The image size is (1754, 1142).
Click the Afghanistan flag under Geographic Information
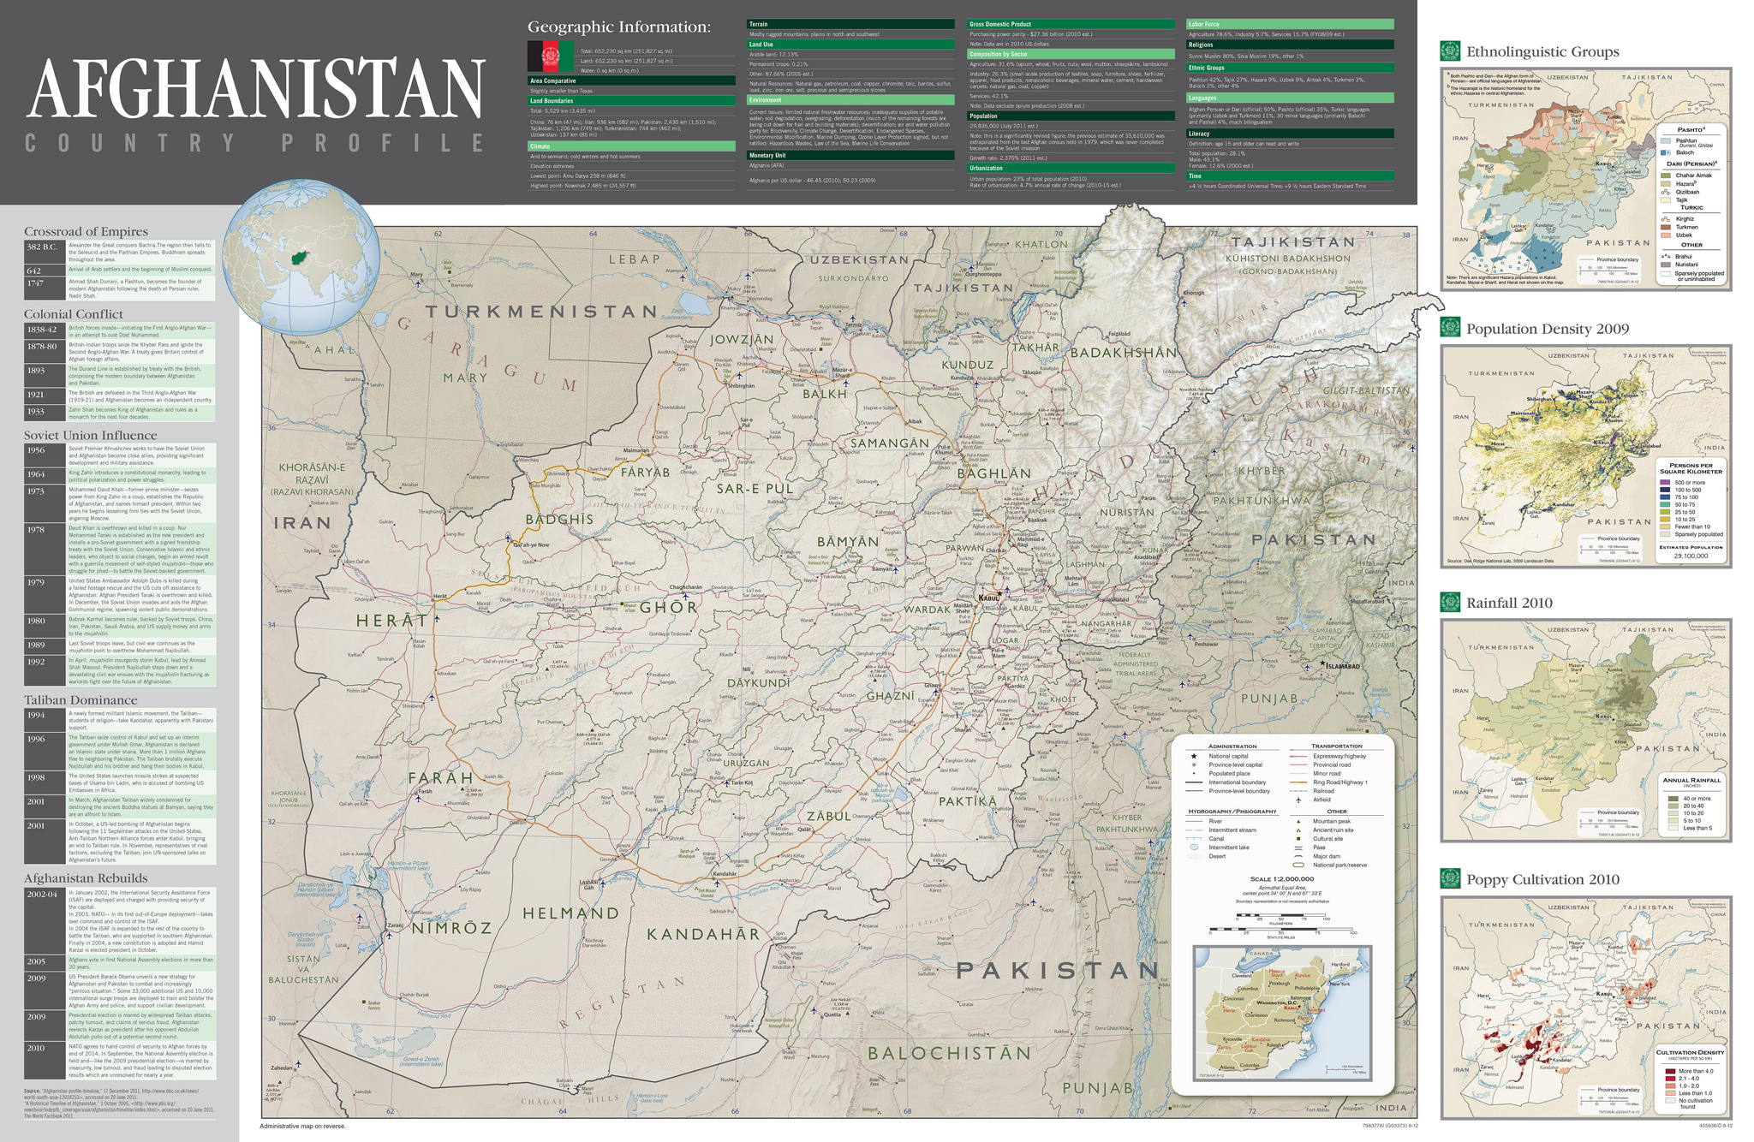(549, 56)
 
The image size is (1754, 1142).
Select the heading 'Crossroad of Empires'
(86, 231)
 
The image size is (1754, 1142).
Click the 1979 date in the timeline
(36, 582)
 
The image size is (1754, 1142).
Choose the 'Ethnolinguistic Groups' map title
(1542, 52)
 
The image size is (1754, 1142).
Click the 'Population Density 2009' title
(1547, 329)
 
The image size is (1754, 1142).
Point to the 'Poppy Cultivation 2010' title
(1542, 879)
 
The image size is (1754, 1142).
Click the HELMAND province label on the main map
(571, 913)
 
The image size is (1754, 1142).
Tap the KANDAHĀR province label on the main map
(703, 934)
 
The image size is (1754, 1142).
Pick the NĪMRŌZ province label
(451, 929)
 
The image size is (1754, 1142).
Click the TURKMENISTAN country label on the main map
(541, 312)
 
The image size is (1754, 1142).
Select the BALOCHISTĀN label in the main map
(949, 1053)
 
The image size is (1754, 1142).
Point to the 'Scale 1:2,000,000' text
(1281, 879)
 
